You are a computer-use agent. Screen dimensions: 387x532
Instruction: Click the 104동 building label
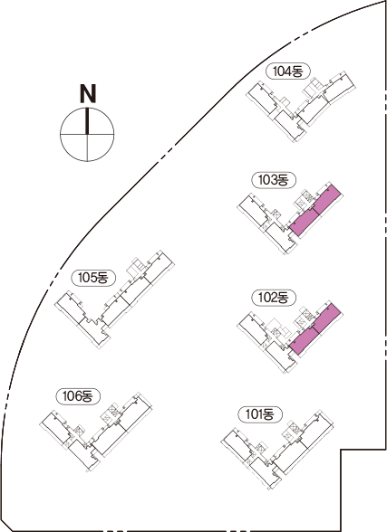[x=287, y=71]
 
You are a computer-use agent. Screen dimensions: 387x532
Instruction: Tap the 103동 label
[x=274, y=180]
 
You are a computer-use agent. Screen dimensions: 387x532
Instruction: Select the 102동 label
[x=274, y=298]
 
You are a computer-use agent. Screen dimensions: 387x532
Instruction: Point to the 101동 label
[x=260, y=414]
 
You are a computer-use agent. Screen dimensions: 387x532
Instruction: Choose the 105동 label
[x=93, y=278]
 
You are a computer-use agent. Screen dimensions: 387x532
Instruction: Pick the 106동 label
[x=78, y=396]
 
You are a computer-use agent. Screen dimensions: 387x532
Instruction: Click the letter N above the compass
[x=88, y=93]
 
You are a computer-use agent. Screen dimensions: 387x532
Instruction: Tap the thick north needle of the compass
[x=87, y=121]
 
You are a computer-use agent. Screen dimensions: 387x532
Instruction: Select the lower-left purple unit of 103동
[x=304, y=223]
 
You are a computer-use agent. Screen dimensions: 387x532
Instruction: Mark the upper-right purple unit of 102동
[x=326, y=318]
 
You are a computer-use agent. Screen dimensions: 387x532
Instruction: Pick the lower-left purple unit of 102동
[x=304, y=341]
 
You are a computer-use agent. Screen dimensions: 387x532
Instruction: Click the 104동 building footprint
[x=300, y=106]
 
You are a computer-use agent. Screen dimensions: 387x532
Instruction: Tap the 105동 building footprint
[x=114, y=299]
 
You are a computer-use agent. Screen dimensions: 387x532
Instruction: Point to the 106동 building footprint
[x=96, y=432]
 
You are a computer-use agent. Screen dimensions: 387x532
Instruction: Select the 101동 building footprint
[x=277, y=449]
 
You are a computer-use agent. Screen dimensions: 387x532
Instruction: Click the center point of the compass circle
[x=87, y=134]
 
